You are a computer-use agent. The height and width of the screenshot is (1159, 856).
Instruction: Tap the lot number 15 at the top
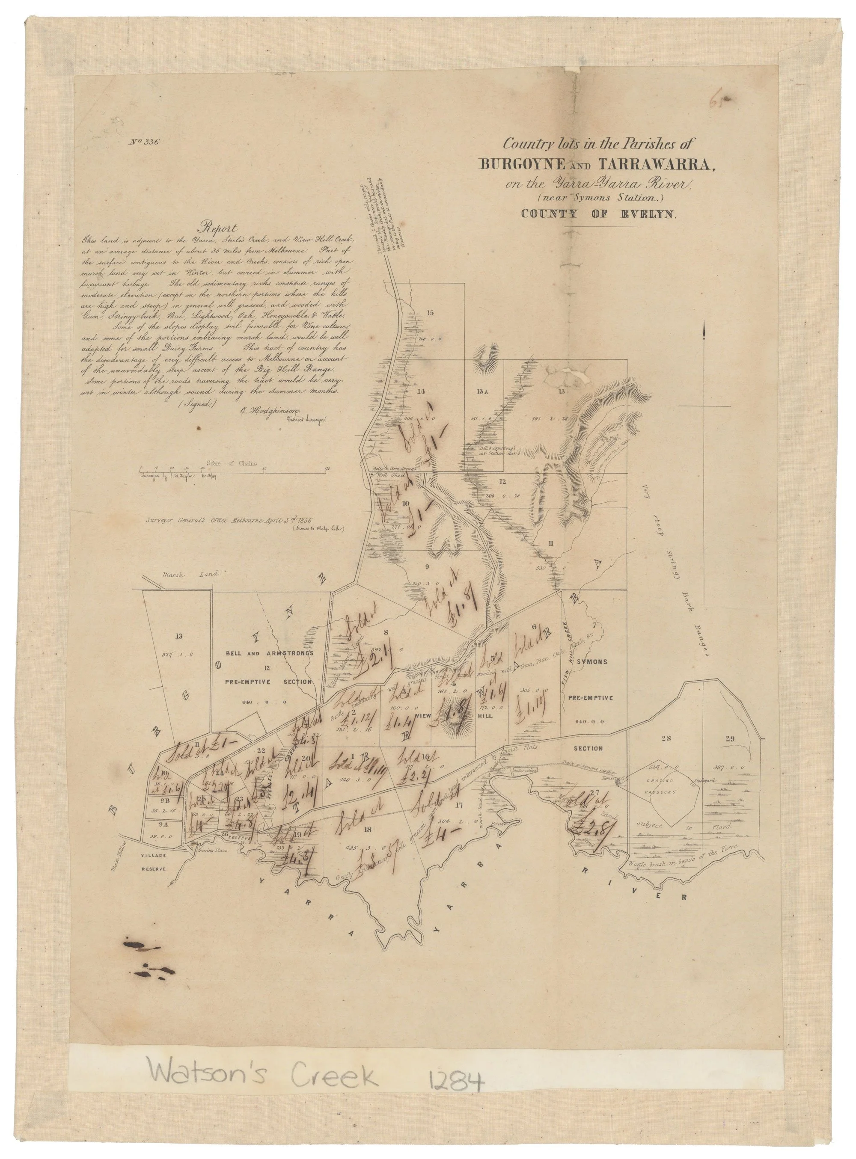coord(431,312)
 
